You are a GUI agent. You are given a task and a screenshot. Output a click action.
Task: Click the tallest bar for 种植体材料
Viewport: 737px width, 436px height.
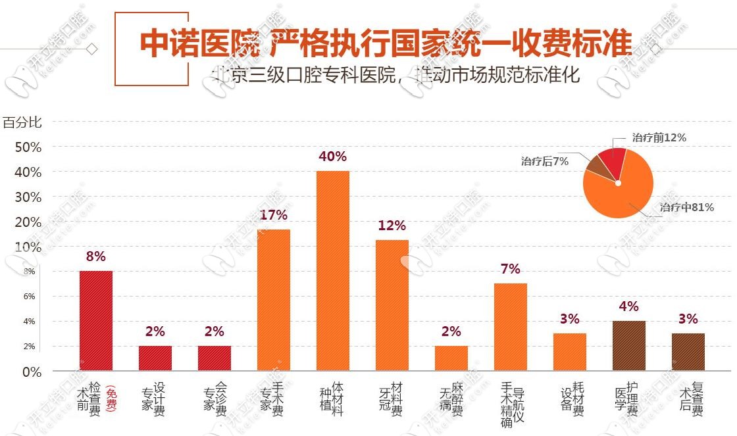point(333,270)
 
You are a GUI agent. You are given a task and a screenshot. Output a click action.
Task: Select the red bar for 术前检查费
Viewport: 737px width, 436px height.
point(96,320)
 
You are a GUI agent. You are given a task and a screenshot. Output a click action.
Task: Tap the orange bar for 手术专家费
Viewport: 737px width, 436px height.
point(274,299)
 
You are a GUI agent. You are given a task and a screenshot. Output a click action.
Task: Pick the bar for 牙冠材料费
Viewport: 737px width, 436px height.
point(392,304)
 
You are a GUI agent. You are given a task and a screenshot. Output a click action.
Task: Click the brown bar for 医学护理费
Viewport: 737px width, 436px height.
point(629,346)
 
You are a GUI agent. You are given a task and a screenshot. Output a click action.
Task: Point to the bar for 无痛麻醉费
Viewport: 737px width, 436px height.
point(451,358)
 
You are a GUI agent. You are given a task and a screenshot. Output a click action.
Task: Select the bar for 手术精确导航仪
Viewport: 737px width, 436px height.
point(511,326)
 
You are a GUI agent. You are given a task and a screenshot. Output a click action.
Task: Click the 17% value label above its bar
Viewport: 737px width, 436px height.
point(274,215)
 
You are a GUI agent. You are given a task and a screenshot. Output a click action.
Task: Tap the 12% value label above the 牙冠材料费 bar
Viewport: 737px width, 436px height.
point(392,226)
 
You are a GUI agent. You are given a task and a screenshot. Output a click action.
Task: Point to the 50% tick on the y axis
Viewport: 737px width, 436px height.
point(28,147)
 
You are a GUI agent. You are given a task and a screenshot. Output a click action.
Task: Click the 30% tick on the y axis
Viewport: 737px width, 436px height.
point(28,197)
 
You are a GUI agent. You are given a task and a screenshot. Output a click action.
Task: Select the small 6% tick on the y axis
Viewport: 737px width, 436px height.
point(30,297)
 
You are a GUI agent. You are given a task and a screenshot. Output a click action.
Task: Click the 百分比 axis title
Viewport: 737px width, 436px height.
point(22,122)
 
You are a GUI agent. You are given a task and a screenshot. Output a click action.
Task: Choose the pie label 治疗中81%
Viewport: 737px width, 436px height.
point(687,207)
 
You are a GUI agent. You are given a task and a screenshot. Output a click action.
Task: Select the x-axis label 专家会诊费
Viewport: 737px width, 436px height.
point(215,399)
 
